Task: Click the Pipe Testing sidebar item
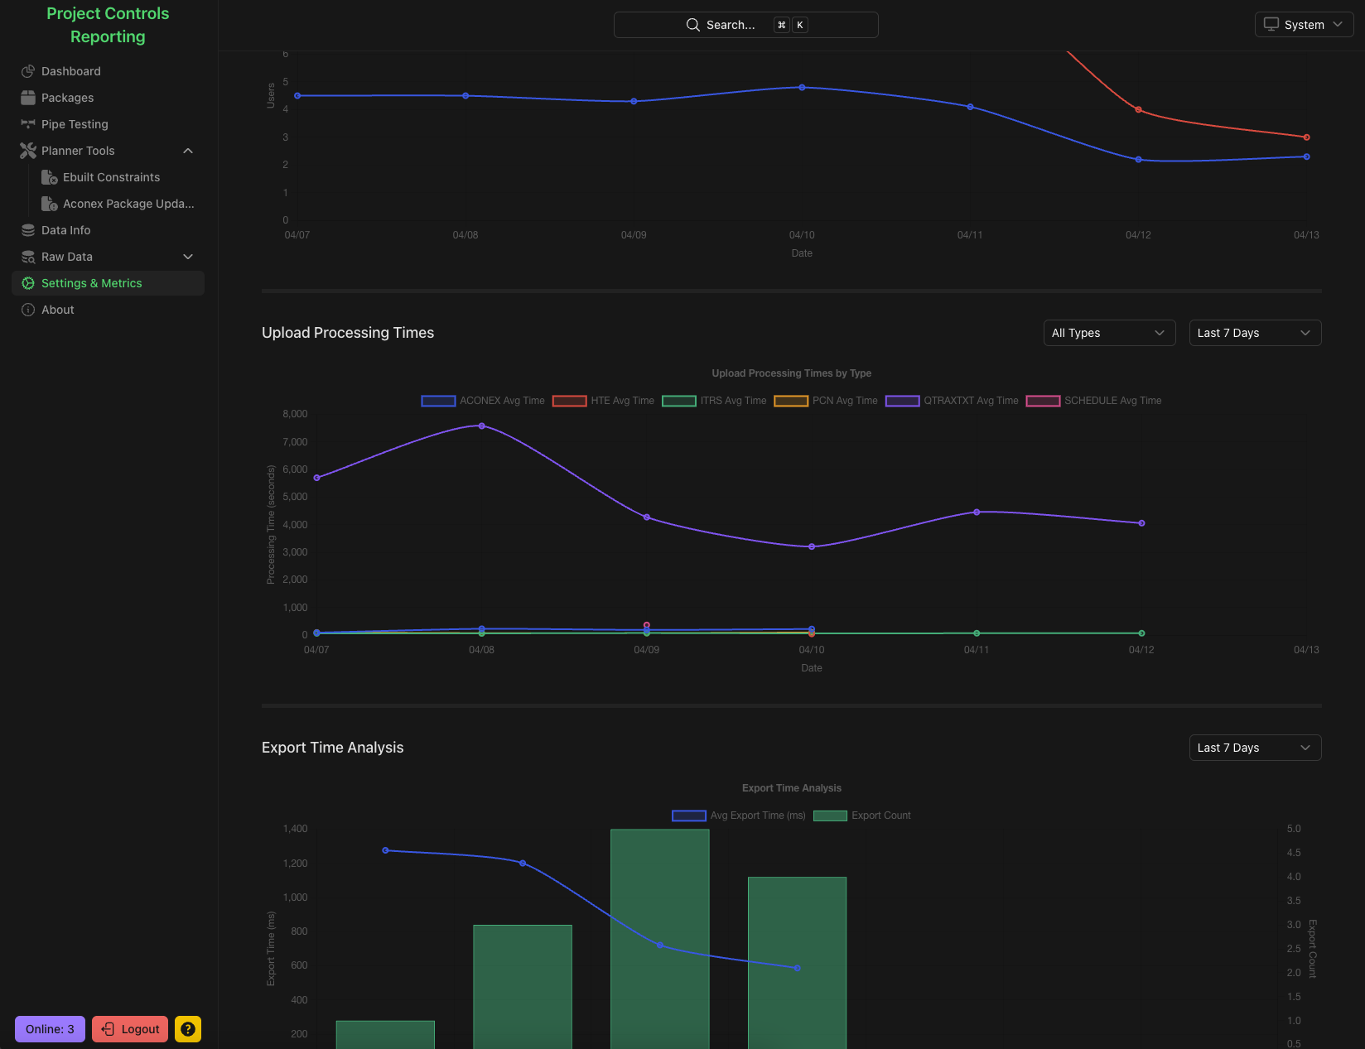click(x=75, y=124)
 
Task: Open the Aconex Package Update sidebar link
click(x=128, y=204)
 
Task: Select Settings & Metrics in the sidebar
click(x=91, y=283)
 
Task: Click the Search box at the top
click(x=745, y=25)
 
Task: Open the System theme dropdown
click(x=1304, y=25)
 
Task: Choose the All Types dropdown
click(x=1109, y=333)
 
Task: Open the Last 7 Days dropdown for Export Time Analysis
click(x=1255, y=748)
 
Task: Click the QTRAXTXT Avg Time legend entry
click(x=952, y=401)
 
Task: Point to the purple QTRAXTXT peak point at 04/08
click(x=482, y=426)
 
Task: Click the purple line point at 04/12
click(x=1141, y=523)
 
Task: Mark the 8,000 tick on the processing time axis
click(x=295, y=414)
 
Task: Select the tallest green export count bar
click(x=659, y=936)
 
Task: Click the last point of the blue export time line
click(x=797, y=968)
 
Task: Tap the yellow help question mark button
click(x=188, y=1029)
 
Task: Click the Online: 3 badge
click(x=50, y=1029)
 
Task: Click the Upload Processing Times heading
click(x=348, y=333)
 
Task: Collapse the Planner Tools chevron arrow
click(x=188, y=151)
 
